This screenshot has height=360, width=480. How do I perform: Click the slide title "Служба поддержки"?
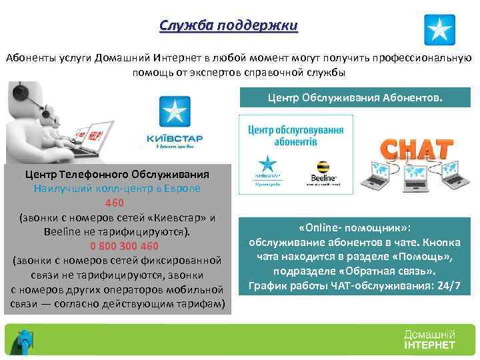coord(229,26)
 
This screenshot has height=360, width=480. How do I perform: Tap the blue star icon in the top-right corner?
coord(440,29)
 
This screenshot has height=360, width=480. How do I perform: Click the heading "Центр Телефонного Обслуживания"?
coord(117,174)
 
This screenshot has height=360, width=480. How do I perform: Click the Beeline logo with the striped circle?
coord(322,170)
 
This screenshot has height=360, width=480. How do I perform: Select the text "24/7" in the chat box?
coord(449,287)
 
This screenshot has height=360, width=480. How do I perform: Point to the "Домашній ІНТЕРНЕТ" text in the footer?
coord(429,339)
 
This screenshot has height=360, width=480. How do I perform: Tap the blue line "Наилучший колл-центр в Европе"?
coord(117,188)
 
